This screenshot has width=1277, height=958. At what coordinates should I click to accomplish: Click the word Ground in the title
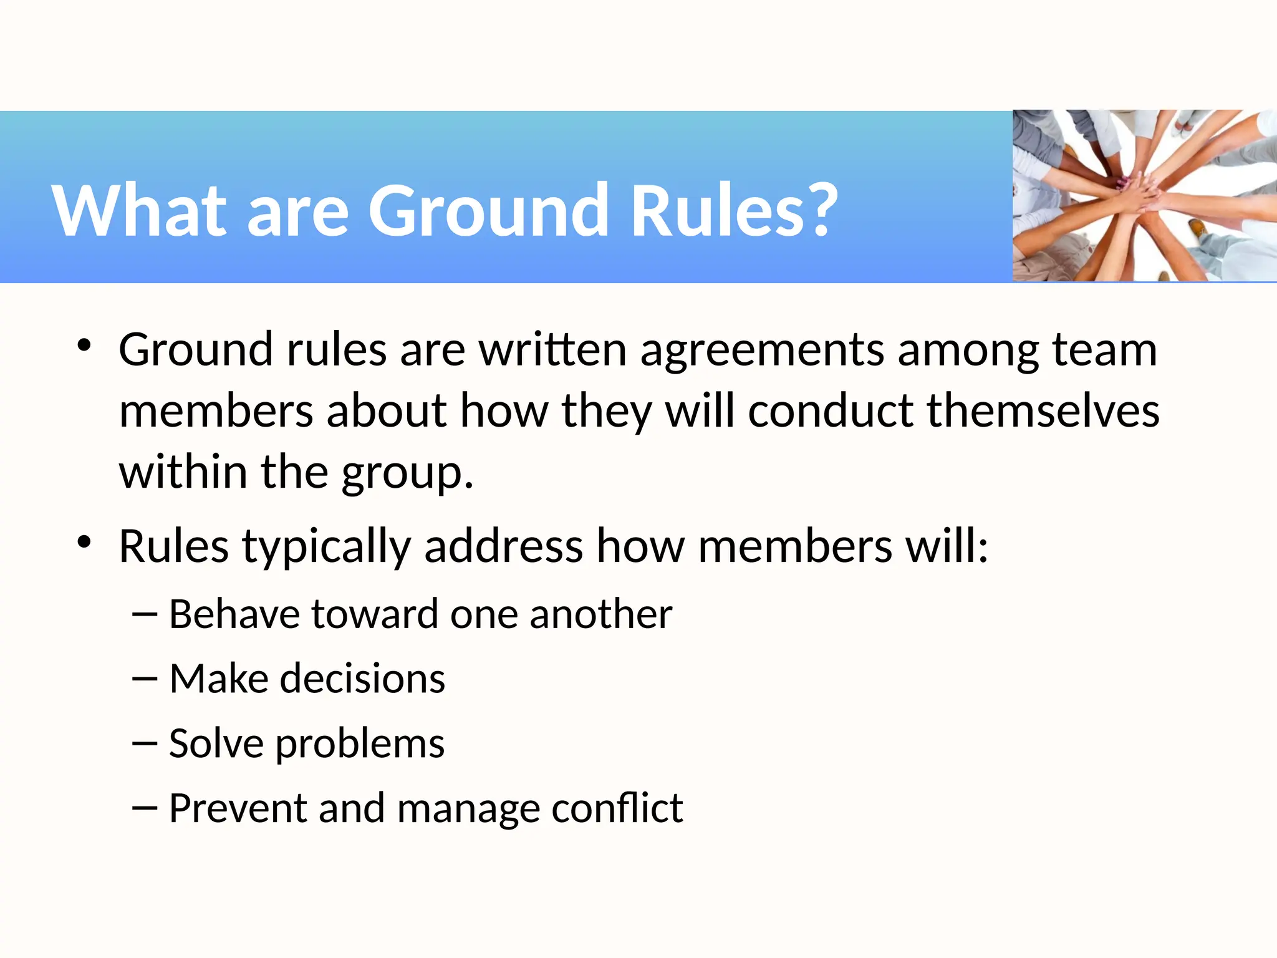click(488, 211)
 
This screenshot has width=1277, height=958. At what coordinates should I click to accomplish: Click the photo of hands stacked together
click(1144, 196)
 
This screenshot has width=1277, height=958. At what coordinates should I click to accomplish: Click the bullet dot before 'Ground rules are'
click(84, 345)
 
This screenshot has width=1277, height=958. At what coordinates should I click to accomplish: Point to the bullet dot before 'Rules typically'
click(84, 541)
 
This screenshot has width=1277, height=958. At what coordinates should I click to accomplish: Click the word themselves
click(1043, 412)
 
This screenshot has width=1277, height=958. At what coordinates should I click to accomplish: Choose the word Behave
click(235, 614)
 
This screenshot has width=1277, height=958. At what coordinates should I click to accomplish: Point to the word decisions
click(362, 679)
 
